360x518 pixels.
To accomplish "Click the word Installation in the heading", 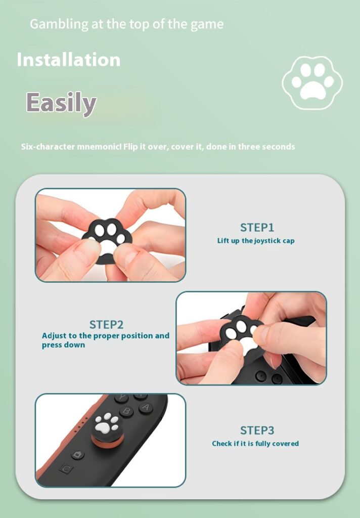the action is [x=69, y=60].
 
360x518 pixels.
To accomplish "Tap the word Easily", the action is [x=61, y=103].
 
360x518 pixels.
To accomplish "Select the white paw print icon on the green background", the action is [x=312, y=82].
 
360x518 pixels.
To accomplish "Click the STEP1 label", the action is [x=257, y=228].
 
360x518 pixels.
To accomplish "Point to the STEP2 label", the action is [x=106, y=324].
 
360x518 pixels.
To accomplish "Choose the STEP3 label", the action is [x=257, y=430].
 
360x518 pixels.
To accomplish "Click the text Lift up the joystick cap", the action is [x=256, y=241].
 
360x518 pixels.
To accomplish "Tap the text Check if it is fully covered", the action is [x=255, y=443].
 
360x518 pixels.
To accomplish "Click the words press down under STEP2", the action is [x=63, y=345].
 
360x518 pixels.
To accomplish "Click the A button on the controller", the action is [x=146, y=408].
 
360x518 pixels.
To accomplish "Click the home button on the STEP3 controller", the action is [x=78, y=455].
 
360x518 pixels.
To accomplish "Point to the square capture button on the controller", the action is [x=67, y=469].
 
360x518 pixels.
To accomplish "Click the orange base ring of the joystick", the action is [x=108, y=440].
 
